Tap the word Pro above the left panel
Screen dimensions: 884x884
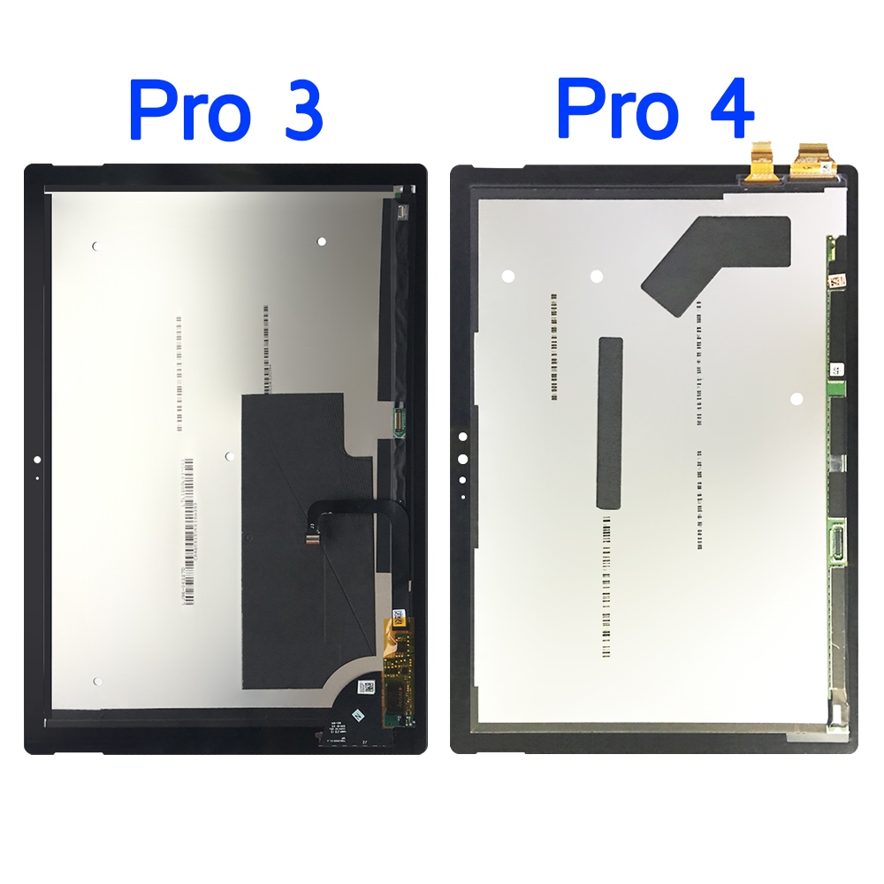click(x=192, y=110)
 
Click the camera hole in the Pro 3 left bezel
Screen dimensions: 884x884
click(x=36, y=460)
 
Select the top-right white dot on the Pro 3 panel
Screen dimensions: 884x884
click(x=321, y=240)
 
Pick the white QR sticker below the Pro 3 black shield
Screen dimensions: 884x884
click(x=365, y=687)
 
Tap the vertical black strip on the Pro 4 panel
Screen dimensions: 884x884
click(x=610, y=423)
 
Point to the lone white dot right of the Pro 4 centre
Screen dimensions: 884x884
click(x=796, y=399)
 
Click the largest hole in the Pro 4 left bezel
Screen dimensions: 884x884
click(x=461, y=459)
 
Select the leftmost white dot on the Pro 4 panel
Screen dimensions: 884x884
click(x=508, y=276)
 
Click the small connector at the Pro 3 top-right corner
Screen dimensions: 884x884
click(x=402, y=212)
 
